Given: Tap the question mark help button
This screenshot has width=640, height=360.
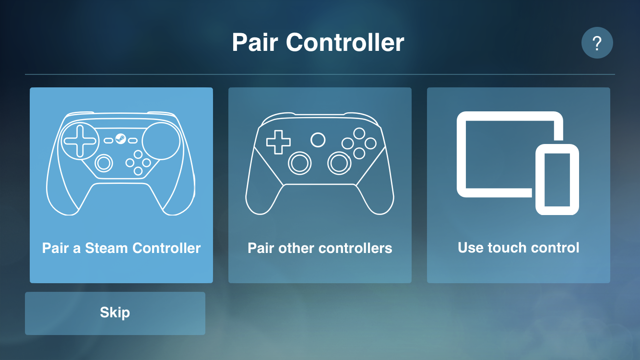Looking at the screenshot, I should [x=597, y=43].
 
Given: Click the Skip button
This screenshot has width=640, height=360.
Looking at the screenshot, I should [x=115, y=313].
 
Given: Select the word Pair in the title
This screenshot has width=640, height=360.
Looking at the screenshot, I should [x=254, y=43].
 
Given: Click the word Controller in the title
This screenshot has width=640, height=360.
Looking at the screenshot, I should [x=345, y=43].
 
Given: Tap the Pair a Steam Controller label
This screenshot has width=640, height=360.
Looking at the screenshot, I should [x=121, y=248].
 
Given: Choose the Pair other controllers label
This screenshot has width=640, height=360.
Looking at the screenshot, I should [x=320, y=248].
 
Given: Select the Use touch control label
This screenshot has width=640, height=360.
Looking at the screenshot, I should [x=518, y=248].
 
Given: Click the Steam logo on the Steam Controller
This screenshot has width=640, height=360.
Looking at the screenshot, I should [x=120, y=140].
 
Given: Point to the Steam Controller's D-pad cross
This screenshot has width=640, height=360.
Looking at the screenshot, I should [x=80, y=140].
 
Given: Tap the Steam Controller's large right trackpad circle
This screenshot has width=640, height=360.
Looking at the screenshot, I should [x=161, y=141].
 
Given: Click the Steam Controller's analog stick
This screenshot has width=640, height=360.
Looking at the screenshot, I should [x=103, y=163].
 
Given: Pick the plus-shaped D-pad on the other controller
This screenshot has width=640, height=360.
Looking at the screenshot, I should [x=278, y=143].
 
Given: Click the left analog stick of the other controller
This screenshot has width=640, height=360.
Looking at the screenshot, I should [x=300, y=163].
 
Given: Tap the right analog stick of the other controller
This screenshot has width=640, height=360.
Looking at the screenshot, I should [x=339, y=163].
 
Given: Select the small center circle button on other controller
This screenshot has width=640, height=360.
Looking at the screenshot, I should [x=318, y=140].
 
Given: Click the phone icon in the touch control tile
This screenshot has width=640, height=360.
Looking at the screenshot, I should [x=557, y=179].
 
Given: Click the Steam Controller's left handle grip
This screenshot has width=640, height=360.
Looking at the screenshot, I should [x=62, y=192].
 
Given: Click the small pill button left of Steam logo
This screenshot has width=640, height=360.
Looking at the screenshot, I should [x=108, y=140].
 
